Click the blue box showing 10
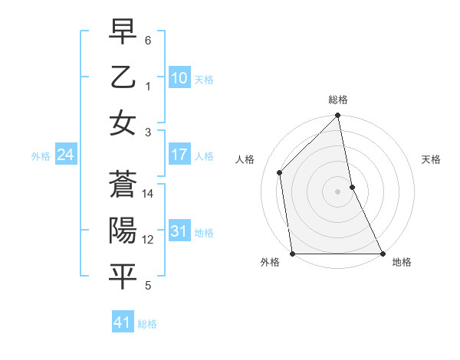click(x=179, y=77)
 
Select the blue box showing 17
click(x=179, y=155)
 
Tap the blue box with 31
click(x=179, y=231)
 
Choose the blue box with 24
click(x=65, y=155)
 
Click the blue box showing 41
click(x=123, y=322)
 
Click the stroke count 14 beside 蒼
click(x=149, y=194)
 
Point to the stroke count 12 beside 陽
click(x=149, y=240)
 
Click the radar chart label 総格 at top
click(x=338, y=100)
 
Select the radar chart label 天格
click(x=431, y=159)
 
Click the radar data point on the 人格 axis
click(x=280, y=172)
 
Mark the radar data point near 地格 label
click(x=382, y=254)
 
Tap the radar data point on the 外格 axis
click(x=293, y=254)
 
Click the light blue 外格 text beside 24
click(x=41, y=156)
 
